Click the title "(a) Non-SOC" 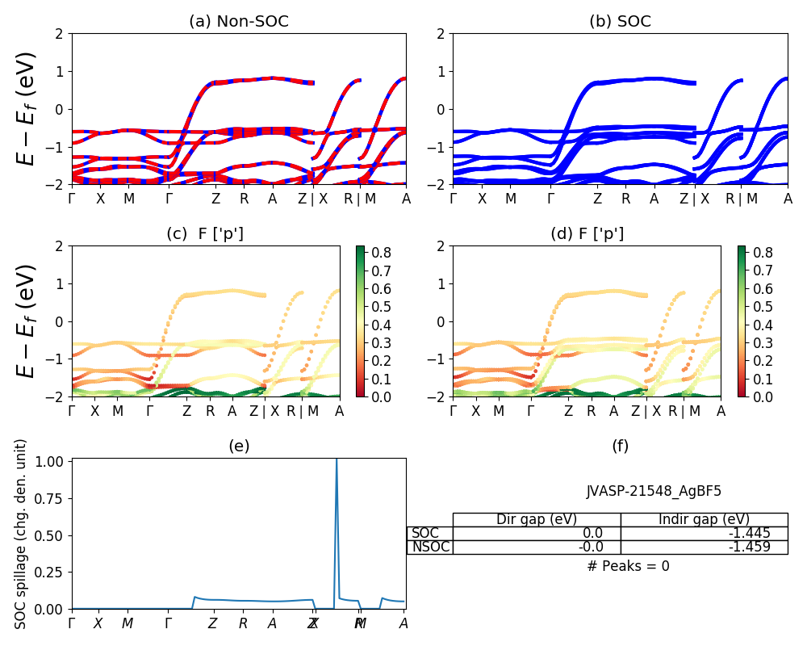point(238,22)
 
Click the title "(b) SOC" point(620,22)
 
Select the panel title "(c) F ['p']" point(205,234)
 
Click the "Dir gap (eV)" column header point(537,520)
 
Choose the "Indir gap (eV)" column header point(704,520)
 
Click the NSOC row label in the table point(429,547)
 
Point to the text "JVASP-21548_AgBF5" point(654,491)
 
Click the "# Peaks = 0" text point(628,566)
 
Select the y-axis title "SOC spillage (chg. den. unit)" point(22,534)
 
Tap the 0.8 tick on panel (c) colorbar point(380,253)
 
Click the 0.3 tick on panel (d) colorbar point(762,343)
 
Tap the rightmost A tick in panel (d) point(721,411)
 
